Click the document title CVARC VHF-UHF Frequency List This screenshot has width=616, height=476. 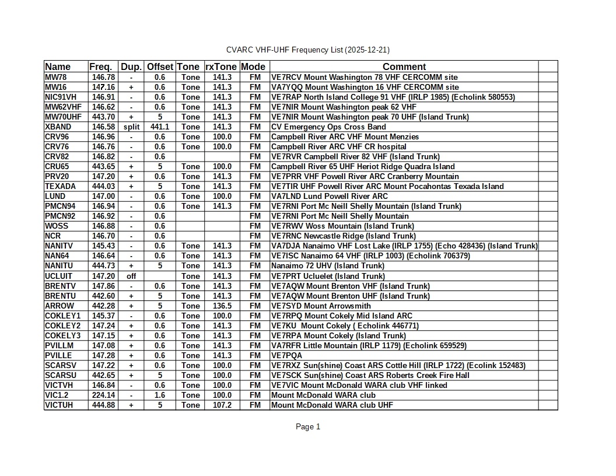pos(308,50)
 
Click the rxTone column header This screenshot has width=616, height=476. pos(222,66)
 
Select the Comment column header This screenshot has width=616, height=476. pos(404,66)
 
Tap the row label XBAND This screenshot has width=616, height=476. pos(58,127)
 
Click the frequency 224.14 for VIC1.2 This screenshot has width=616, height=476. pos(103,395)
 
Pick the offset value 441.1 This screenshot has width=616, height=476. pos(160,127)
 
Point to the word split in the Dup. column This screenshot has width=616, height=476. pos(131,127)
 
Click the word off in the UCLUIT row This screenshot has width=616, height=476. pos(131,276)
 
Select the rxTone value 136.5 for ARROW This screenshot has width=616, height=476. pos(222,306)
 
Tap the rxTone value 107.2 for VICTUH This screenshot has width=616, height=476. pos(222,405)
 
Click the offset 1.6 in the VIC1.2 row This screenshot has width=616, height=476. pos(160,395)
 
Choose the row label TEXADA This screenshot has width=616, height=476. pos(60,186)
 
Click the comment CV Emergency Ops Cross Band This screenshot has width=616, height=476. pos(328,127)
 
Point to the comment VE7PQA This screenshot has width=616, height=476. pos(286,355)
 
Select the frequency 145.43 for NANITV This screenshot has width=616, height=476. pos(103,246)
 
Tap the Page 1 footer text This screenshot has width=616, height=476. pos(308,427)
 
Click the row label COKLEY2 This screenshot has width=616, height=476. pos(63,325)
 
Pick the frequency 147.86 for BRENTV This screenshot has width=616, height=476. pos(103,286)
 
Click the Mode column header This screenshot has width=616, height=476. pos(253,66)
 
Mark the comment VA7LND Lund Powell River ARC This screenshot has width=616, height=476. pos(329,196)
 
